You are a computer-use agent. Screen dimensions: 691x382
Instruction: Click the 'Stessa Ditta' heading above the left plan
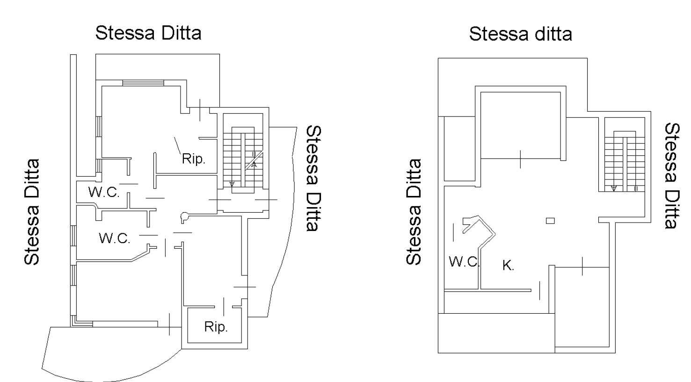[148, 33]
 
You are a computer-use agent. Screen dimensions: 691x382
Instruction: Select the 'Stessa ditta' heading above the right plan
[521, 34]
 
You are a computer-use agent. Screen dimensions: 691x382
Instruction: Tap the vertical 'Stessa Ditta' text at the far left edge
[32, 212]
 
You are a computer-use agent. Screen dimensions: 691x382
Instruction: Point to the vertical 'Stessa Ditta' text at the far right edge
[672, 176]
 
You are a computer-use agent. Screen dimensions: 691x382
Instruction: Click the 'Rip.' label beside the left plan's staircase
[193, 159]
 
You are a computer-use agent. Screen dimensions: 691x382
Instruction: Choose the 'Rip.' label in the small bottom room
[216, 327]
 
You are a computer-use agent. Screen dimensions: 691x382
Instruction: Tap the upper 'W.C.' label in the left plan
[104, 192]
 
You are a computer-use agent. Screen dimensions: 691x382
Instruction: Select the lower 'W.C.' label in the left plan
[115, 238]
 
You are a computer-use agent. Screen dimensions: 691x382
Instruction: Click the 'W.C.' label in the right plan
[464, 262]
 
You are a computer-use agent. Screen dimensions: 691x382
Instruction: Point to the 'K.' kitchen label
[508, 266]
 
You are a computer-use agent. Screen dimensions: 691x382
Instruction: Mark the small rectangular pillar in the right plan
[550, 221]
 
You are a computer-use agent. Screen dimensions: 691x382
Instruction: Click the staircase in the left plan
[243, 160]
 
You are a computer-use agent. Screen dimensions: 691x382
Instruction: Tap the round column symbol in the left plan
[184, 217]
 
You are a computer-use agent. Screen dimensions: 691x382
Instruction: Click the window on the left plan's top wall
[143, 83]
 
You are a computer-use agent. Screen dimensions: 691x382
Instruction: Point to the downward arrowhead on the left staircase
[232, 184]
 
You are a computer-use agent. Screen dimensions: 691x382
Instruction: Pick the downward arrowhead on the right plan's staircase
[614, 188]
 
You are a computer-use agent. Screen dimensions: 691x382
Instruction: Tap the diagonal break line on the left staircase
[254, 160]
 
